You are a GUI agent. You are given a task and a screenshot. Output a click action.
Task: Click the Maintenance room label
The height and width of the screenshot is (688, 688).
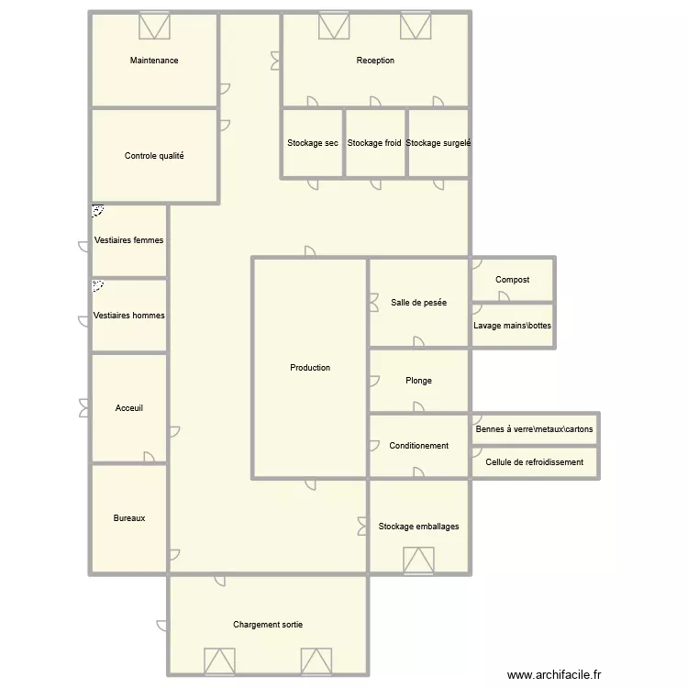click(154, 61)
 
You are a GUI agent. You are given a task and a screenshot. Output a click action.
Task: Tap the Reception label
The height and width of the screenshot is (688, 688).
click(375, 61)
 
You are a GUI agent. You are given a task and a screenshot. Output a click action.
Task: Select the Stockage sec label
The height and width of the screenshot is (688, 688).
click(312, 143)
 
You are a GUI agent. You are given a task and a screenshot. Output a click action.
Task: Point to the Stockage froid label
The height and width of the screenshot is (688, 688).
click(374, 143)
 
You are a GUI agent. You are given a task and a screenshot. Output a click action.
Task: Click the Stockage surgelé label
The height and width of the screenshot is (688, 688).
click(438, 143)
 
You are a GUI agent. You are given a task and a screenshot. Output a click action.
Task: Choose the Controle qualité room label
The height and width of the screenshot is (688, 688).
click(154, 156)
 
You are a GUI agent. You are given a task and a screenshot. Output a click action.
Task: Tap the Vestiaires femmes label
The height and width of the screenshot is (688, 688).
click(128, 240)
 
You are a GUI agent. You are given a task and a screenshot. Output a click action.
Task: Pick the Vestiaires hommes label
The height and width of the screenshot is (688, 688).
click(129, 316)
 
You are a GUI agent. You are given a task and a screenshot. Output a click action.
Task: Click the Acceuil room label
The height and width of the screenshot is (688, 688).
click(129, 408)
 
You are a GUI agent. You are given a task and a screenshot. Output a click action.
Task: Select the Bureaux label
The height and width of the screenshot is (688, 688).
click(129, 518)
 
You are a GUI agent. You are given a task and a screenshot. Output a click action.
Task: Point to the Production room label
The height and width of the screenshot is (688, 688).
click(310, 368)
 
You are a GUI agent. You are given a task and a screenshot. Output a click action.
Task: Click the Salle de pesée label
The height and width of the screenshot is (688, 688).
click(418, 302)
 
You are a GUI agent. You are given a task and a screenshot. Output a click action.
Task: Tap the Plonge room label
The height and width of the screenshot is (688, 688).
click(418, 381)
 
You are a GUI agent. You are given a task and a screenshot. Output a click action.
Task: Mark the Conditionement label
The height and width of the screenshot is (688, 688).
click(418, 446)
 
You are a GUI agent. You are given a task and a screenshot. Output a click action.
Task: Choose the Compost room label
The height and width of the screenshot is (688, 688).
click(512, 280)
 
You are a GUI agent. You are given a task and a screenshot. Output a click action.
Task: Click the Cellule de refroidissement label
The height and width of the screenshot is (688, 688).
click(535, 462)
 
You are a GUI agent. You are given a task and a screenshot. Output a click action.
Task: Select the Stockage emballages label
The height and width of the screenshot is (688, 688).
click(418, 527)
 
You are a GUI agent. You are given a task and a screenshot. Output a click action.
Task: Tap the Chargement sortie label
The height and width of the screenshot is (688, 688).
click(268, 625)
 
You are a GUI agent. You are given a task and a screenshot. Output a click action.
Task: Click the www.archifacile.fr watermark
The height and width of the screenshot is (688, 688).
click(552, 673)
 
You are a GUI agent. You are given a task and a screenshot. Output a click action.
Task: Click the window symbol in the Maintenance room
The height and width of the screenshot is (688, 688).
click(154, 25)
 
